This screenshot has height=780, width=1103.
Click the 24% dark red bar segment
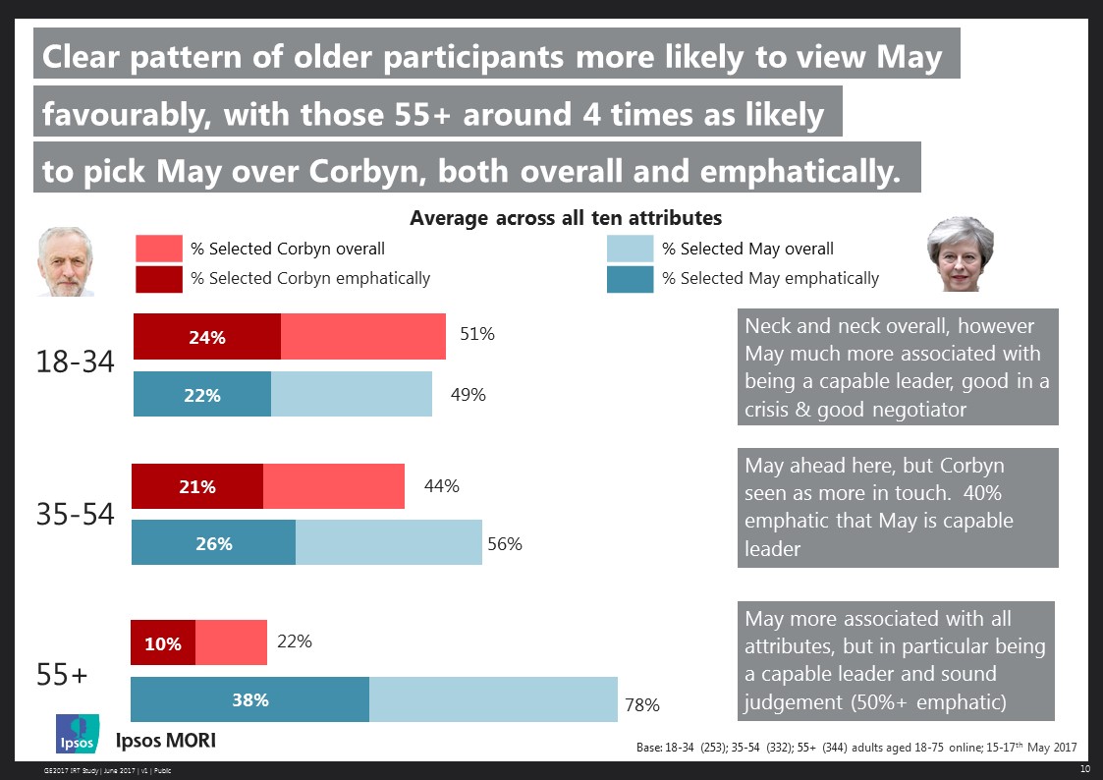[207, 337]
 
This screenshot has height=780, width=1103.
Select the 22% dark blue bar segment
[201, 395]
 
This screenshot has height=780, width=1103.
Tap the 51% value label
[477, 334]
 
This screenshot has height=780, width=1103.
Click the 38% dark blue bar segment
[249, 699]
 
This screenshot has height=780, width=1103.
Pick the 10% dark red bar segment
[163, 643]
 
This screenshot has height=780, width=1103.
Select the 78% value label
[641, 704]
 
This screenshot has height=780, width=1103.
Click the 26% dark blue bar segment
[213, 542]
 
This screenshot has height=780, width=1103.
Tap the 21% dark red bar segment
[197, 486]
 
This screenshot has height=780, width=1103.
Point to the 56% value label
[504, 543]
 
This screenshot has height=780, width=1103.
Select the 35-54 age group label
[76, 514]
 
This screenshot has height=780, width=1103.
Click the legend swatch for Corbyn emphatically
[158, 279]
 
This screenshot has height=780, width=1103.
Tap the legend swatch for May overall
[630, 249]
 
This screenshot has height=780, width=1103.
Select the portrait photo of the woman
[960, 254]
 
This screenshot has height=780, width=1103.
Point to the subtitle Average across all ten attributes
[566, 217]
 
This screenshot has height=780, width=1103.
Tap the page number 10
[1084, 768]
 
